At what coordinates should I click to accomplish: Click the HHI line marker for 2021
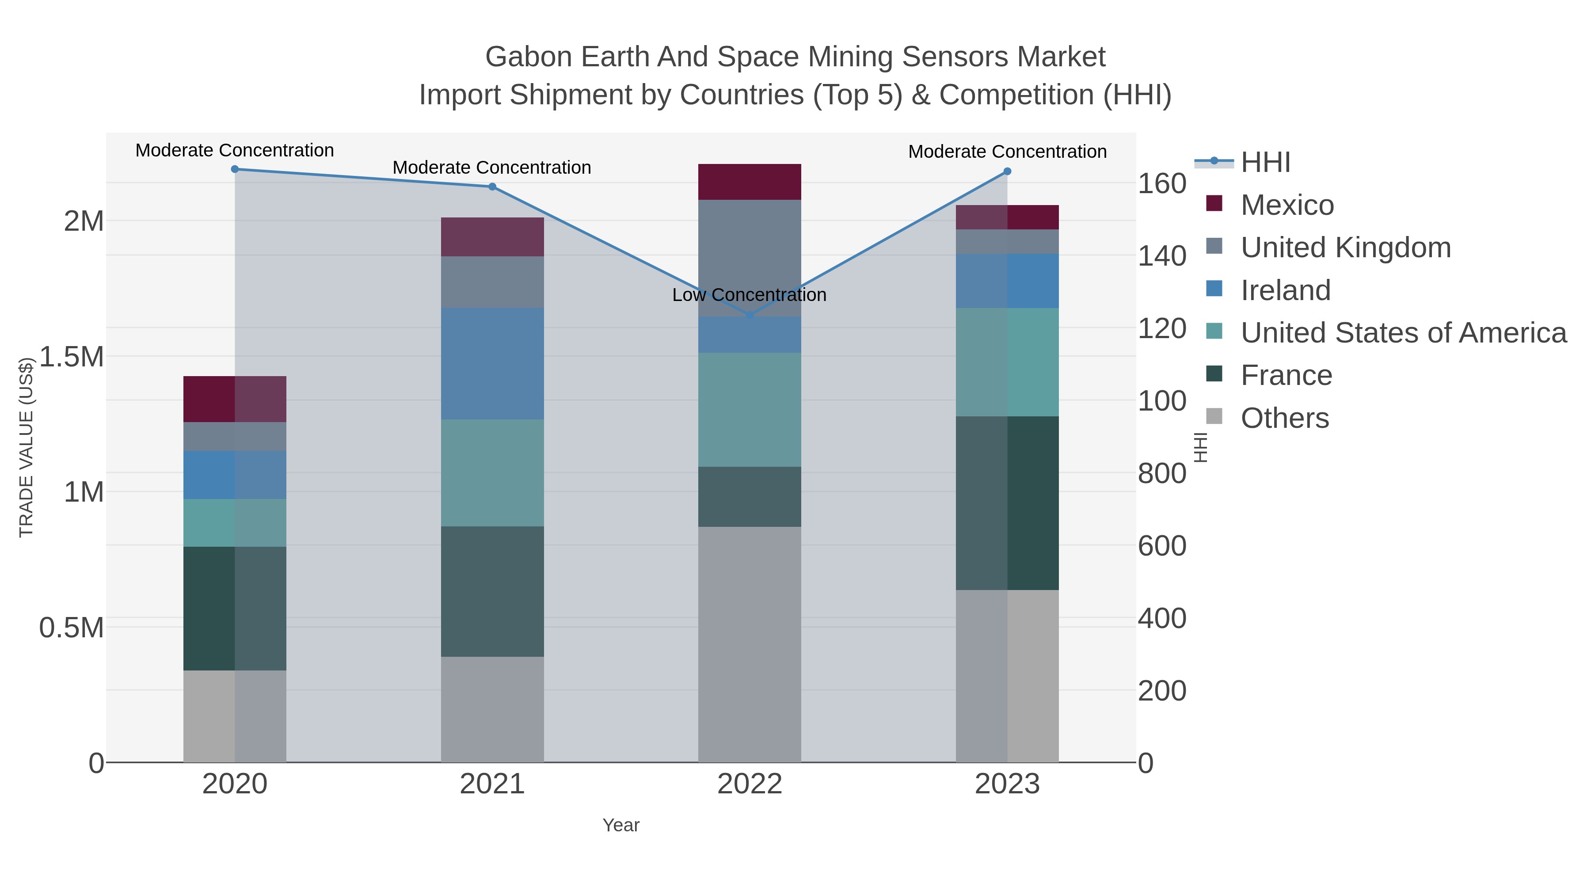492,187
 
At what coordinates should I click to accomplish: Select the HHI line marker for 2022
750,316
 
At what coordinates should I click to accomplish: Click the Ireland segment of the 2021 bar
492,363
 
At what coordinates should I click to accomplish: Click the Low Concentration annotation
749,295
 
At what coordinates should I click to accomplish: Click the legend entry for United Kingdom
1345,248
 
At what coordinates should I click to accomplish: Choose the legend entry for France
1286,376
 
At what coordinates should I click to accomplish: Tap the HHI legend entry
1265,163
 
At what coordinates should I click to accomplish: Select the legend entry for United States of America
1403,333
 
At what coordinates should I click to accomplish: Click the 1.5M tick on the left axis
72,357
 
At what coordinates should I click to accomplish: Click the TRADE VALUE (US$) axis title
26,447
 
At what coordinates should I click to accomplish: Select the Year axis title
621,825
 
